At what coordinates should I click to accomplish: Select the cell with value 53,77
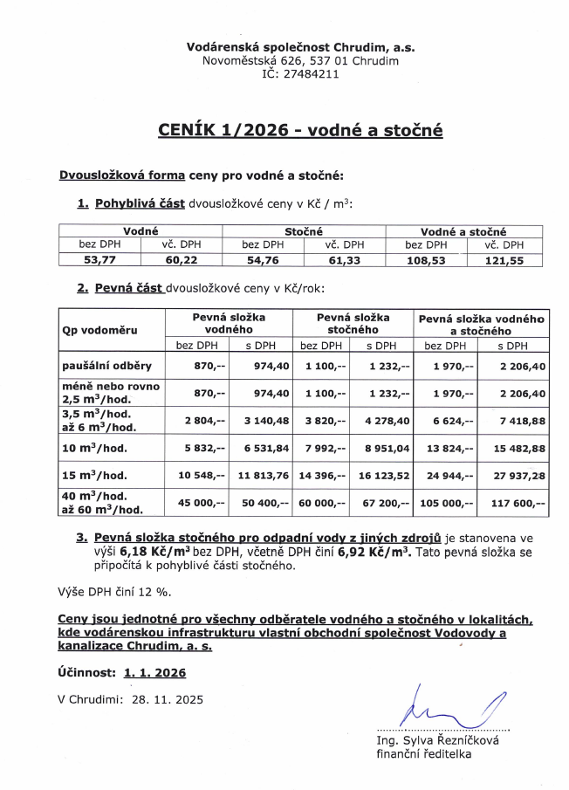(99, 258)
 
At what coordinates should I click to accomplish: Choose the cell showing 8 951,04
(387, 448)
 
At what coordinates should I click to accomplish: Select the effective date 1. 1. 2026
(154, 674)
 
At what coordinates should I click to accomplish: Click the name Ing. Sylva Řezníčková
(435, 740)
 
